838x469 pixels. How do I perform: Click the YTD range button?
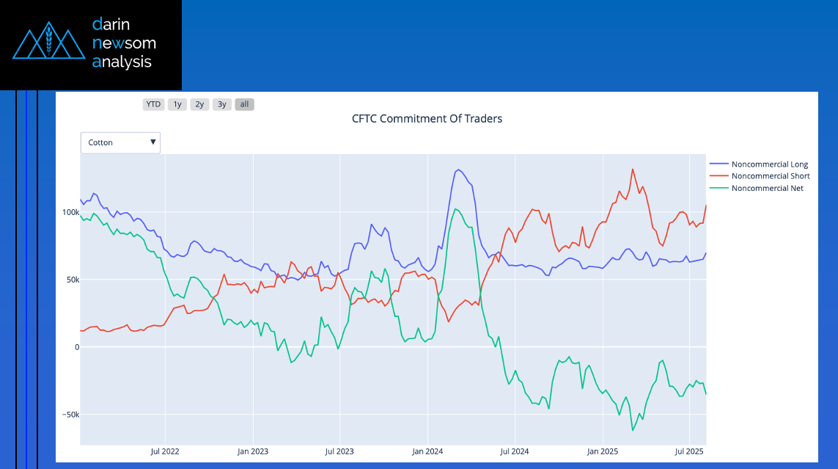(153, 104)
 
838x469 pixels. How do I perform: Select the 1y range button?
(177, 104)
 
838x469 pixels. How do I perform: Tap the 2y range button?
(199, 104)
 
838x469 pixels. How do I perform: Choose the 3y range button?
(222, 104)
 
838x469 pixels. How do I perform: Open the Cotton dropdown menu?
(120, 142)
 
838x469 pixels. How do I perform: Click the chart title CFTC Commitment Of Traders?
(427, 118)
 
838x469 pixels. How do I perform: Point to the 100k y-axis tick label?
(70, 212)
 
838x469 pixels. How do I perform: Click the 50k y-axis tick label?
(72, 280)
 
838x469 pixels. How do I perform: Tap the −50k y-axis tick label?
(70, 415)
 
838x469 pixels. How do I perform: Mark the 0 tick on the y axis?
(76, 347)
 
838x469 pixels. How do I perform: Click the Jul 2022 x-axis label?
(165, 451)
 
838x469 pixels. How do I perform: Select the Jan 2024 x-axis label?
(427, 451)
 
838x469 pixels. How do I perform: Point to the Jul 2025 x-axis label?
(689, 451)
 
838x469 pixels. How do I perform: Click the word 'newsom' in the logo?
(124, 43)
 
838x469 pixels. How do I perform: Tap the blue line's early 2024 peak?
(458, 170)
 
